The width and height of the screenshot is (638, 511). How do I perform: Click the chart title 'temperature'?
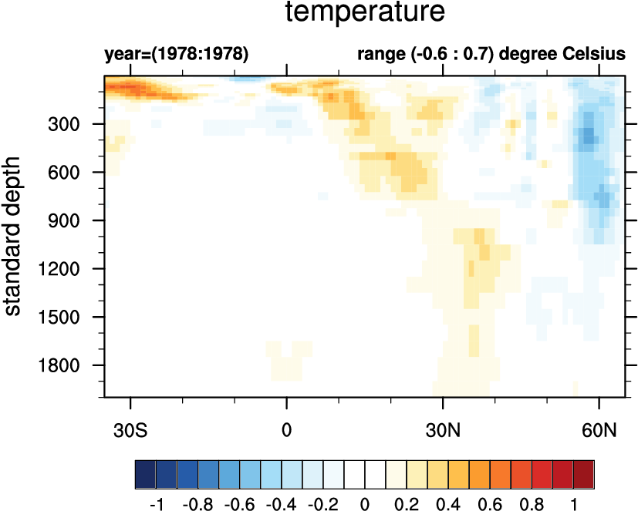365,12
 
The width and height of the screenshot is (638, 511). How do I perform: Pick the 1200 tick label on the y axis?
69,269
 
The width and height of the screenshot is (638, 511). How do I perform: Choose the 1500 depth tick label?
69,317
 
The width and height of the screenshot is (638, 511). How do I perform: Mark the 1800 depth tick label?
69,365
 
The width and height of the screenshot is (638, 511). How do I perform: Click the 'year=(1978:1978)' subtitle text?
176,55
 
